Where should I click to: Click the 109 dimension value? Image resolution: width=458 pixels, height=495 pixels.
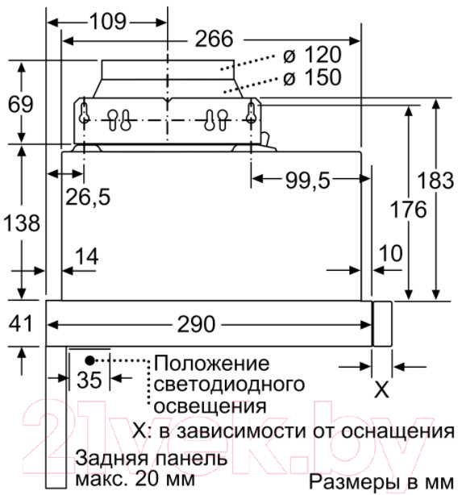pos(108,22)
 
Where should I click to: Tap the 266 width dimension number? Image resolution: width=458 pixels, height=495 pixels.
pos(214,39)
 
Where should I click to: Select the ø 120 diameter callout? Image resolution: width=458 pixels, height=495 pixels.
pos(312,55)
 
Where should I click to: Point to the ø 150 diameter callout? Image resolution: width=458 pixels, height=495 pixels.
pos(312,77)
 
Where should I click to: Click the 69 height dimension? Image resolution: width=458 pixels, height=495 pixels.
pos(20,105)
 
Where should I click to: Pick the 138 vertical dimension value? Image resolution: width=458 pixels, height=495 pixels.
pos(22,223)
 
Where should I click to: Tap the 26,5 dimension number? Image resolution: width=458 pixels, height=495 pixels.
pos(88,197)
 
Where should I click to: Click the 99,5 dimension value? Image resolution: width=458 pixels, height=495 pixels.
pos(308,181)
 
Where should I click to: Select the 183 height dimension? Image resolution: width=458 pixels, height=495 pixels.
pos(435,181)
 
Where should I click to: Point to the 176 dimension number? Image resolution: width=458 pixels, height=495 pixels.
pos(409,210)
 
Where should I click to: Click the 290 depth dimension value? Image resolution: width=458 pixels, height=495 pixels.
pos(196,324)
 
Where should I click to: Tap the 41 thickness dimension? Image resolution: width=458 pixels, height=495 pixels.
pos(20,324)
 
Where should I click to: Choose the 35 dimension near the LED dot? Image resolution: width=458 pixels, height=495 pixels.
pos(90,380)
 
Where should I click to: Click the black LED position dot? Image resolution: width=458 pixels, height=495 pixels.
pos(90,360)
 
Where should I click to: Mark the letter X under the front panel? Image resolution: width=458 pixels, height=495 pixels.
pos(381,390)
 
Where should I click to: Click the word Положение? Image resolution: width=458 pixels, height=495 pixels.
pos(212,364)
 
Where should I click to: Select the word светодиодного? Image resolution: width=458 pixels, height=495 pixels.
pos(229,385)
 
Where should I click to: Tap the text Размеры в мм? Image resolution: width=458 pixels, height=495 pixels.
pos(381,482)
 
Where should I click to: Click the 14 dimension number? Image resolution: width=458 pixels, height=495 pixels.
pos(87,256)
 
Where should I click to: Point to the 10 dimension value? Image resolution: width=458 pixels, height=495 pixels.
pos(391,253)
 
